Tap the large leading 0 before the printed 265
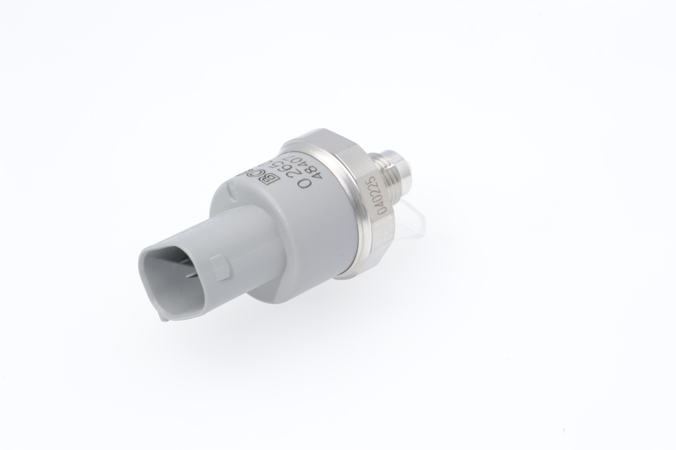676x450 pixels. coord(304,184)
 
